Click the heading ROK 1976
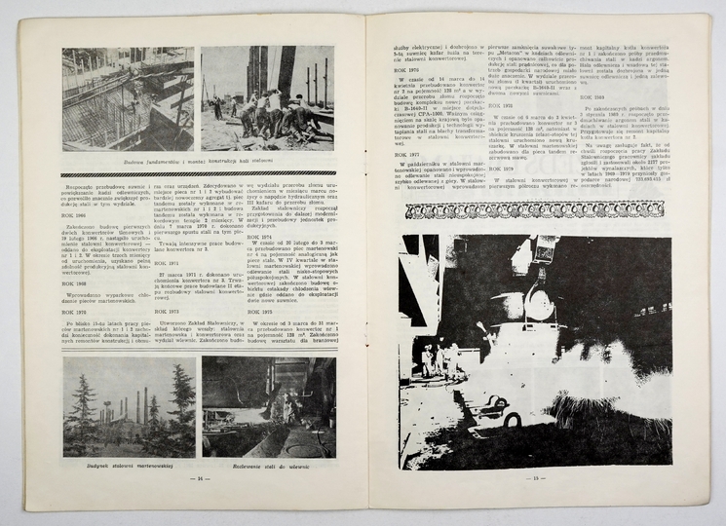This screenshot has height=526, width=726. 408,70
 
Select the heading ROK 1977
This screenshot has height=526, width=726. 407,154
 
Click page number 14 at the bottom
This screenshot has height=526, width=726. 202,478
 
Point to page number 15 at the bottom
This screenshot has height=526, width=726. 535,479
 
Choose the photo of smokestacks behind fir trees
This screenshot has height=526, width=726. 129,406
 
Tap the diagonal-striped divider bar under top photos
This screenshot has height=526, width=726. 199,172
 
